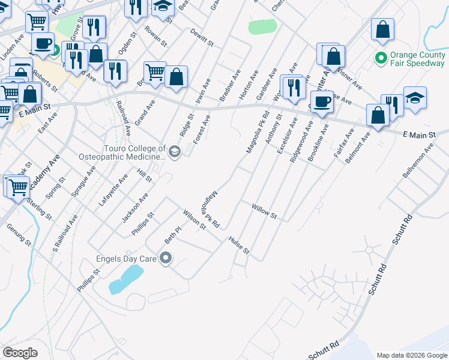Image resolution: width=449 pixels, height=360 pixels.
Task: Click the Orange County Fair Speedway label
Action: (417, 59)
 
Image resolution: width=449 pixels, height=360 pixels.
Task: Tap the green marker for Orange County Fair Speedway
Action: (379, 58)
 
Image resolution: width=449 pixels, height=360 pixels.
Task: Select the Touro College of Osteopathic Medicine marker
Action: (175, 151)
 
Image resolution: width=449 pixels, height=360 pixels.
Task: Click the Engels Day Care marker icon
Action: (166, 259)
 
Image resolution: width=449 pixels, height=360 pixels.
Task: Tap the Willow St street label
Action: (264, 211)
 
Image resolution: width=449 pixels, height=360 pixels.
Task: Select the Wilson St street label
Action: (194, 219)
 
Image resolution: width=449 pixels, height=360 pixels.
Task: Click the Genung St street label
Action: (19, 235)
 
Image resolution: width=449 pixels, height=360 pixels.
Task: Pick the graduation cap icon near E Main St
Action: (415, 98)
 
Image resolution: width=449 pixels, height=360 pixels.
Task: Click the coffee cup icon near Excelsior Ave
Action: (322, 101)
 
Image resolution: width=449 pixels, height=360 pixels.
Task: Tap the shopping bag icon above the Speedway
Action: (382, 31)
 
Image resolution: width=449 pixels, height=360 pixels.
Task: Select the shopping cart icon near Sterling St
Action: (17, 187)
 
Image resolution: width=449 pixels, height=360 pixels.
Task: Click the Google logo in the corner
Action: (20, 353)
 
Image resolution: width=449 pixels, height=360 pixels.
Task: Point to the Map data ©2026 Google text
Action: (411, 355)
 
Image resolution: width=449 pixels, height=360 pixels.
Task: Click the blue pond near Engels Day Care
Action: (125, 279)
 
